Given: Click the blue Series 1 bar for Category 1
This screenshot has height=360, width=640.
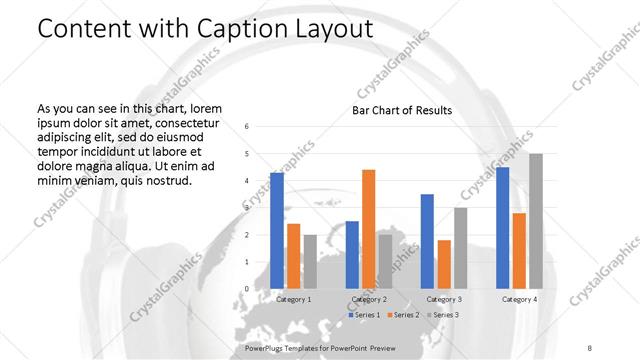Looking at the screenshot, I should (x=277, y=230).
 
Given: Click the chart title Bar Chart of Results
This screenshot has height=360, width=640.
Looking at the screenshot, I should (x=402, y=110).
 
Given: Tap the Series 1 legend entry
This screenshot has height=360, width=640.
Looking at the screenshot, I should (x=364, y=315).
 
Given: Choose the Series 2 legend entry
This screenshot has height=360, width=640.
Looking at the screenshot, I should (x=404, y=315).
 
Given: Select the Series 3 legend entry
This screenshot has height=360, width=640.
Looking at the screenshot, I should (x=444, y=315).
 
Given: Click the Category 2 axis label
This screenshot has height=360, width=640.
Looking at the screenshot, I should (x=368, y=299).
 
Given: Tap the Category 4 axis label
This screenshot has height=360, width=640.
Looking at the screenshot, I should (x=519, y=299).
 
